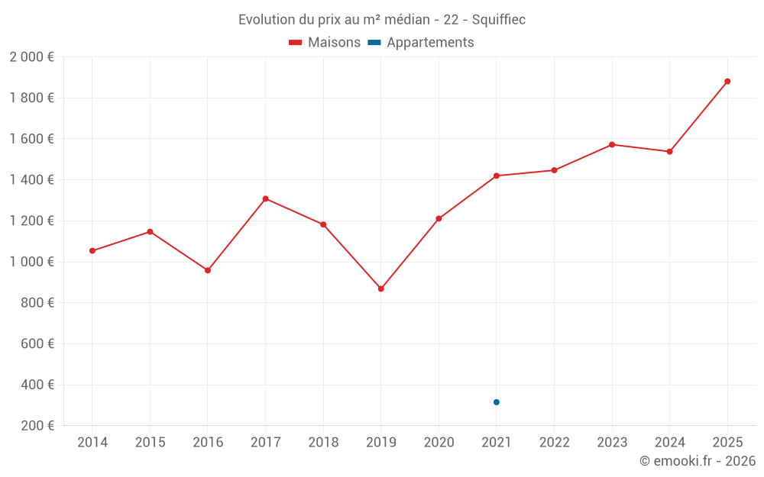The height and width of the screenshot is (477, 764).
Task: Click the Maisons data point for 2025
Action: click(x=727, y=81)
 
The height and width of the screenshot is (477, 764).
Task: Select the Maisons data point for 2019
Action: click(x=381, y=288)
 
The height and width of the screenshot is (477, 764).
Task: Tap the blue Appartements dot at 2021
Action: click(x=497, y=402)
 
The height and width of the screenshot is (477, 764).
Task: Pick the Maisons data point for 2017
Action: click(x=265, y=198)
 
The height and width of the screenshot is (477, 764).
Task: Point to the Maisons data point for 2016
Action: click(x=208, y=270)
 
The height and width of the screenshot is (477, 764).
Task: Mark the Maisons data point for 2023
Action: click(x=612, y=144)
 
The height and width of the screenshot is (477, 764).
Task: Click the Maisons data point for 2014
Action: click(x=92, y=250)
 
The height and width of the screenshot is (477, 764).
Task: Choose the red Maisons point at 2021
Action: click(x=497, y=176)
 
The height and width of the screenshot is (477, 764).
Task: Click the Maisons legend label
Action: click(x=334, y=43)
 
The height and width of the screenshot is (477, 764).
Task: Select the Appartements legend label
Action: click(x=430, y=43)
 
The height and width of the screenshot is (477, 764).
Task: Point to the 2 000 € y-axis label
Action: click(x=31, y=56)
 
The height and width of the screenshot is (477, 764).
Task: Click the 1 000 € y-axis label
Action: click(x=31, y=262)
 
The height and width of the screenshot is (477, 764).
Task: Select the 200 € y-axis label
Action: click(x=37, y=426)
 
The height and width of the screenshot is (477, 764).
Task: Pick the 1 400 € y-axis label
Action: click(x=31, y=179)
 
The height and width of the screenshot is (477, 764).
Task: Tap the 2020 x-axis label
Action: click(x=439, y=443)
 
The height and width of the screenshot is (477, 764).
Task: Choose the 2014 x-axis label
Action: click(x=92, y=443)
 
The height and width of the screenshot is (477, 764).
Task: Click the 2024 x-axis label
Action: click(x=669, y=443)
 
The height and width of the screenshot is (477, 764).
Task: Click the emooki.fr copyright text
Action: click(x=697, y=461)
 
